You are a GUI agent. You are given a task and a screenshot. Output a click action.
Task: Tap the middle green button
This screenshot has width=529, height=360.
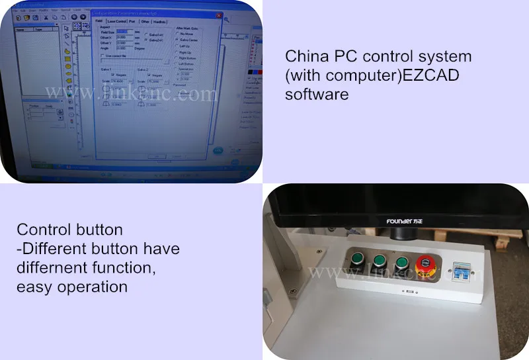click(x=380, y=261)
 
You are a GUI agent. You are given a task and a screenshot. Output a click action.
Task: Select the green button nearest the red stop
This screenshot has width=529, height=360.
click(x=401, y=262)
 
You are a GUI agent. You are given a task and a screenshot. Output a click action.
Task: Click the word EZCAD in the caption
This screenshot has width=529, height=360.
click(x=428, y=75)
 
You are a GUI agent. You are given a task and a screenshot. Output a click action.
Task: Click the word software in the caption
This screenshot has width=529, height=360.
click(x=317, y=94)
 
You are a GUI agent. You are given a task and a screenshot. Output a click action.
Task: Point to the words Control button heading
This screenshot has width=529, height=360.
click(x=69, y=230)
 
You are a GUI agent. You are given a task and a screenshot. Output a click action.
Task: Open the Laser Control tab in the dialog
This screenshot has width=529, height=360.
click(x=116, y=21)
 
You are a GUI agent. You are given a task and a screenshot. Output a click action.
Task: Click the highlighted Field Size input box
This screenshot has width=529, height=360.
click(x=126, y=31)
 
